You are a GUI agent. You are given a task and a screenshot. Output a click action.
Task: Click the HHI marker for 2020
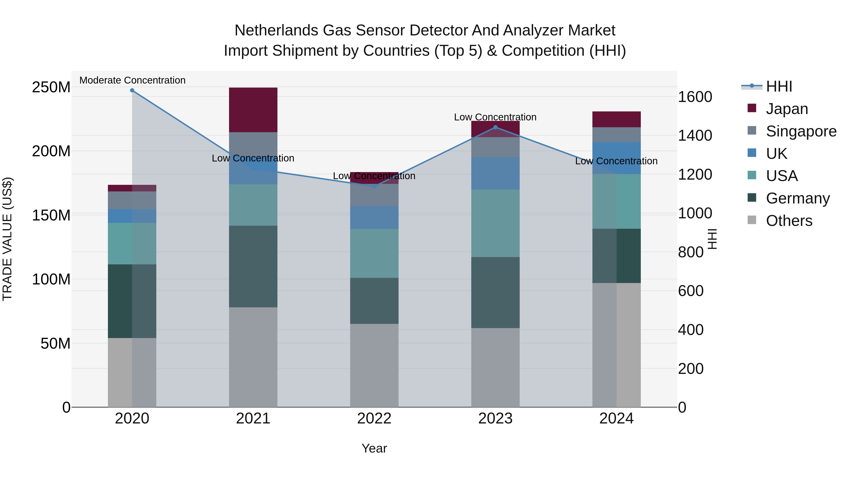(x=132, y=90)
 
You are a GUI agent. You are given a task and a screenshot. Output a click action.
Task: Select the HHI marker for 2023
(x=495, y=127)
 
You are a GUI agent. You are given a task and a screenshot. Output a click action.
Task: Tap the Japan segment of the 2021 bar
(x=253, y=110)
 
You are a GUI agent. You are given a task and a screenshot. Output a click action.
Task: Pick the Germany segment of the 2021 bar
(x=253, y=266)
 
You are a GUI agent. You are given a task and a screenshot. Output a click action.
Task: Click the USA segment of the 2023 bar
(x=495, y=223)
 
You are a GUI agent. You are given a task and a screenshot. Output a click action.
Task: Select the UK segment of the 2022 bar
(x=374, y=217)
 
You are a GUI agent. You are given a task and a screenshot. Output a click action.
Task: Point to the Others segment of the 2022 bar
(x=374, y=365)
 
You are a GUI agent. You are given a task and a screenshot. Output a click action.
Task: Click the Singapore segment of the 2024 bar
(x=616, y=135)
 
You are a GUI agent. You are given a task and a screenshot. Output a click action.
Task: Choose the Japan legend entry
(x=787, y=109)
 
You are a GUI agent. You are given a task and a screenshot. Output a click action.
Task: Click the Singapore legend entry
(x=801, y=131)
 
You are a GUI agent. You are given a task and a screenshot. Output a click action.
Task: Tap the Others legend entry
(x=789, y=221)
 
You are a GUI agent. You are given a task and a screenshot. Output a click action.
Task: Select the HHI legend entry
(x=779, y=86)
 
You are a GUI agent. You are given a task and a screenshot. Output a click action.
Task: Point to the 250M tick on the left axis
(x=51, y=87)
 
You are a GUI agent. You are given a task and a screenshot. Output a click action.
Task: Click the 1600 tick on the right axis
(x=695, y=97)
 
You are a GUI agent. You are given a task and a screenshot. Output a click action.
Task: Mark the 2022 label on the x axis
(x=374, y=419)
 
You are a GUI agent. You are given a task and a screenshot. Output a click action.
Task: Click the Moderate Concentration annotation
(x=132, y=80)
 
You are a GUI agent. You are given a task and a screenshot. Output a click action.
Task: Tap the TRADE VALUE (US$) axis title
(x=7, y=239)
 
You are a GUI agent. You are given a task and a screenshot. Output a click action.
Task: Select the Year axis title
(x=374, y=448)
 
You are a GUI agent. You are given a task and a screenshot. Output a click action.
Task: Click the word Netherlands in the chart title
(x=276, y=30)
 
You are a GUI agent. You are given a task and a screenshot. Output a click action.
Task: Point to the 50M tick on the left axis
(x=55, y=343)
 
